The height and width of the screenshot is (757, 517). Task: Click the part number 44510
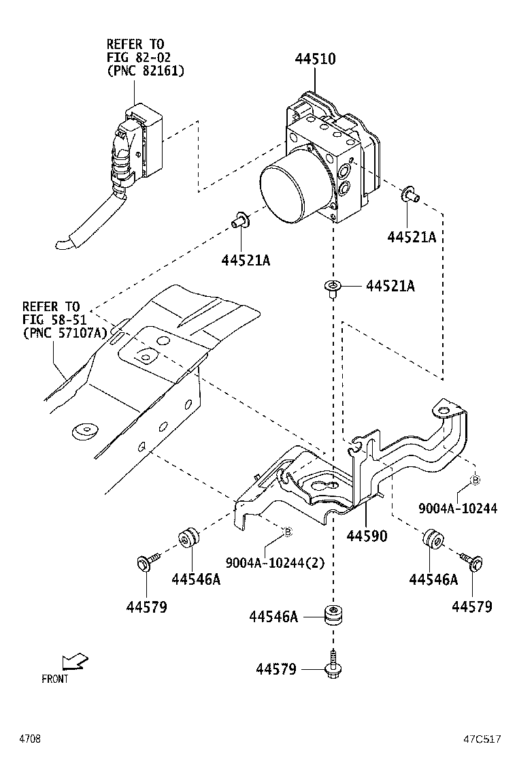click(314, 59)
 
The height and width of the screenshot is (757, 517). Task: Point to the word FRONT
click(55, 679)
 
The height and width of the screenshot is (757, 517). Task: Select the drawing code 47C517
click(483, 739)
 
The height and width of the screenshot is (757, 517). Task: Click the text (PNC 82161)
click(145, 70)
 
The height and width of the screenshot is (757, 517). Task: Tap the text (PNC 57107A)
click(65, 333)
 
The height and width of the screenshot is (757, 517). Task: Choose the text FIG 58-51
click(51, 319)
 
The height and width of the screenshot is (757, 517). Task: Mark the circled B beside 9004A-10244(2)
click(287, 531)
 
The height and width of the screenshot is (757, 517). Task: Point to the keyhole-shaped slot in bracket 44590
click(324, 487)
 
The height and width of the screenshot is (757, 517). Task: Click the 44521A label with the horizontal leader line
click(390, 287)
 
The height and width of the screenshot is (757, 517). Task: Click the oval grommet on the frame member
click(85, 431)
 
